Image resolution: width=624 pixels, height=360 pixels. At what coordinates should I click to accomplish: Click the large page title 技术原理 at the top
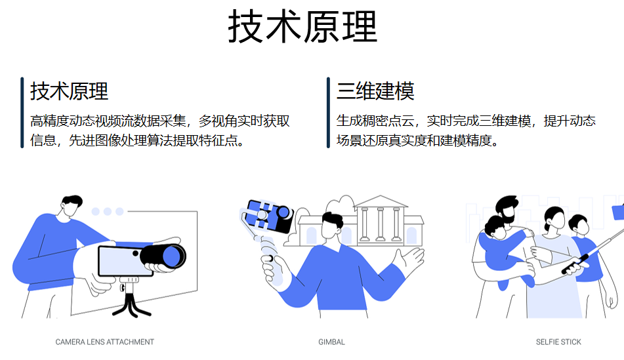click(302, 27)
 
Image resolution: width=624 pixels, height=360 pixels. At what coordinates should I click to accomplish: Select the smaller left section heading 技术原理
click(70, 91)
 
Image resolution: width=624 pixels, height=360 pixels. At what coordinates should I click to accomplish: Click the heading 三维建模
click(375, 91)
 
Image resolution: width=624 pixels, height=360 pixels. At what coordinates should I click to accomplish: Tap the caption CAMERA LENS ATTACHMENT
click(105, 342)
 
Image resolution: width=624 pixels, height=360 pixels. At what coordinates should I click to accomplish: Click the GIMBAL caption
click(331, 342)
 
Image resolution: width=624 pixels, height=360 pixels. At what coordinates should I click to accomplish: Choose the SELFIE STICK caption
click(558, 342)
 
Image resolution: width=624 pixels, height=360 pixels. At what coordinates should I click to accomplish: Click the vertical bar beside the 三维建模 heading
click(328, 113)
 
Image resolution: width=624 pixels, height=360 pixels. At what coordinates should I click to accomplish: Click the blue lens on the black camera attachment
click(172, 256)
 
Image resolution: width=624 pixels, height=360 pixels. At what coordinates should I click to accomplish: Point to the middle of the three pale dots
click(108, 212)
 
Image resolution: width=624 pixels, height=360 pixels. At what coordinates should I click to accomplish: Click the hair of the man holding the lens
click(72, 201)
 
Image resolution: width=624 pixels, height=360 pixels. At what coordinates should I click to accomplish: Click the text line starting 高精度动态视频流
click(159, 121)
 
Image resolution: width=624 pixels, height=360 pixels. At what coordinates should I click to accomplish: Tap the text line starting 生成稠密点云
click(466, 121)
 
